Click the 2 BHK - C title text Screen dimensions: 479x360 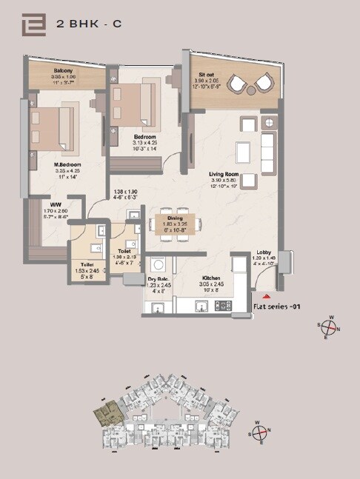(x=89, y=24)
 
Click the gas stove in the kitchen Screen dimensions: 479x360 (x=224, y=305)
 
